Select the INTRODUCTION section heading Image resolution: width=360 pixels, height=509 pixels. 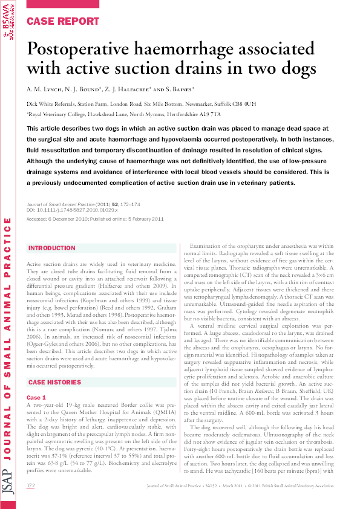(52, 248)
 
